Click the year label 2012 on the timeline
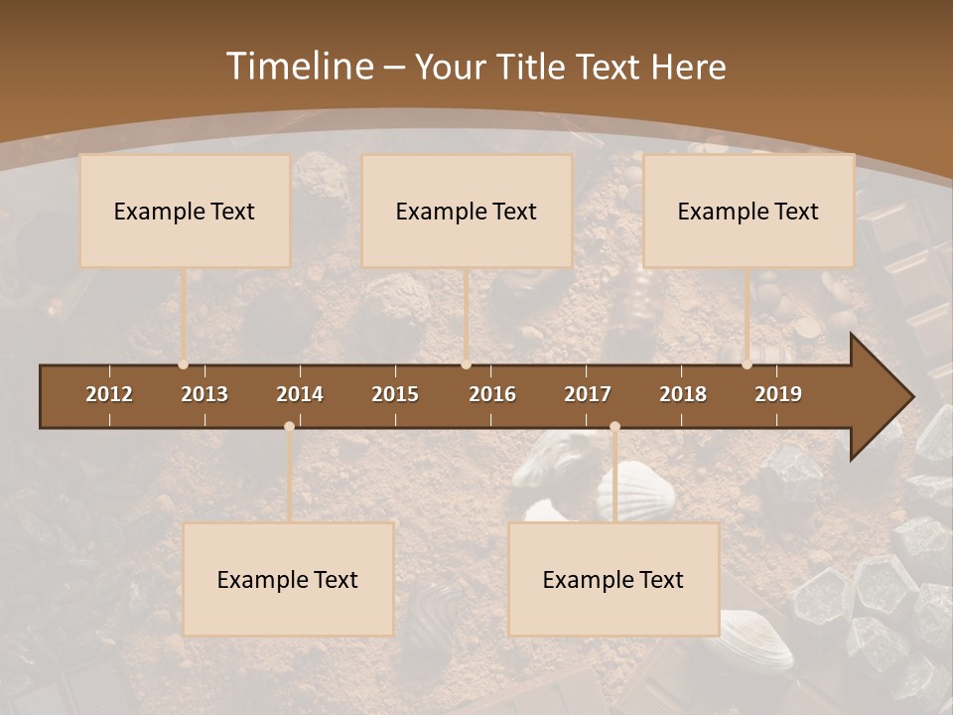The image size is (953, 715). click(x=109, y=394)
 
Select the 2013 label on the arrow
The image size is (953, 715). click(x=204, y=394)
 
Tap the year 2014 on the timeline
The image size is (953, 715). click(x=300, y=394)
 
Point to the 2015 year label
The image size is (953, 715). click(x=395, y=394)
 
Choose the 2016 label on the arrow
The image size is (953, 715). click(x=492, y=394)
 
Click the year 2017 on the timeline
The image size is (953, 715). click(x=588, y=394)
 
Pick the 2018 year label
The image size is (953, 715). click(x=683, y=394)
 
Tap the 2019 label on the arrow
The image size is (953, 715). click(x=778, y=394)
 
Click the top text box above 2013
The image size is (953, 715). click(x=185, y=211)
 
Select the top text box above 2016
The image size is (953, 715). click(x=467, y=211)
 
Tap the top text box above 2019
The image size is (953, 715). click(x=749, y=211)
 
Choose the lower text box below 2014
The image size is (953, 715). click(x=288, y=579)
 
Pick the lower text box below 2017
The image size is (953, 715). click(x=613, y=579)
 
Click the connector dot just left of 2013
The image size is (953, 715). click(x=183, y=364)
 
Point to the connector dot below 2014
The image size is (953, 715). click(x=289, y=427)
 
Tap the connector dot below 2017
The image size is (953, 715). click(x=614, y=427)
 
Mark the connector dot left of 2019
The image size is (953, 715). click(x=747, y=364)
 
